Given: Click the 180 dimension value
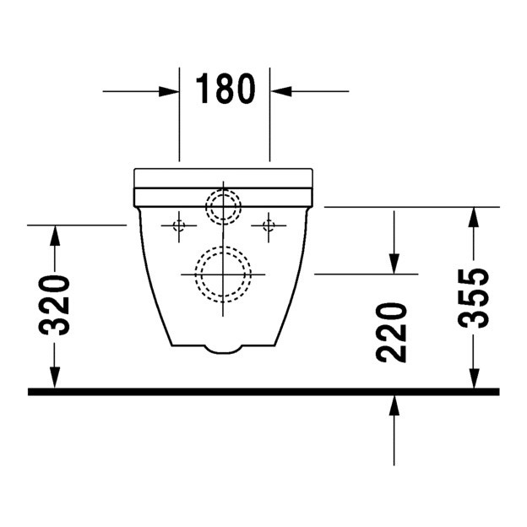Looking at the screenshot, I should [x=225, y=89].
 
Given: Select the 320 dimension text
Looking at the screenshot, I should [x=56, y=306].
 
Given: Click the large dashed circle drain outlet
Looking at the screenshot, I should [x=223, y=274].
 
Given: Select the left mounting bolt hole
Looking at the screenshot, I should [x=178, y=225].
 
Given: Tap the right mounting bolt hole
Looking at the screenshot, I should [x=269, y=225].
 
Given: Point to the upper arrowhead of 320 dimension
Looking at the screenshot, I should [x=56, y=236].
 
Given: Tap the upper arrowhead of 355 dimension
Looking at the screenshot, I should [x=475, y=217].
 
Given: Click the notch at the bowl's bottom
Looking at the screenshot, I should [x=223, y=347].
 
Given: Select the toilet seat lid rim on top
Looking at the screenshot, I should [x=223, y=177].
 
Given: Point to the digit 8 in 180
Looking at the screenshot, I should [x=225, y=89].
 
